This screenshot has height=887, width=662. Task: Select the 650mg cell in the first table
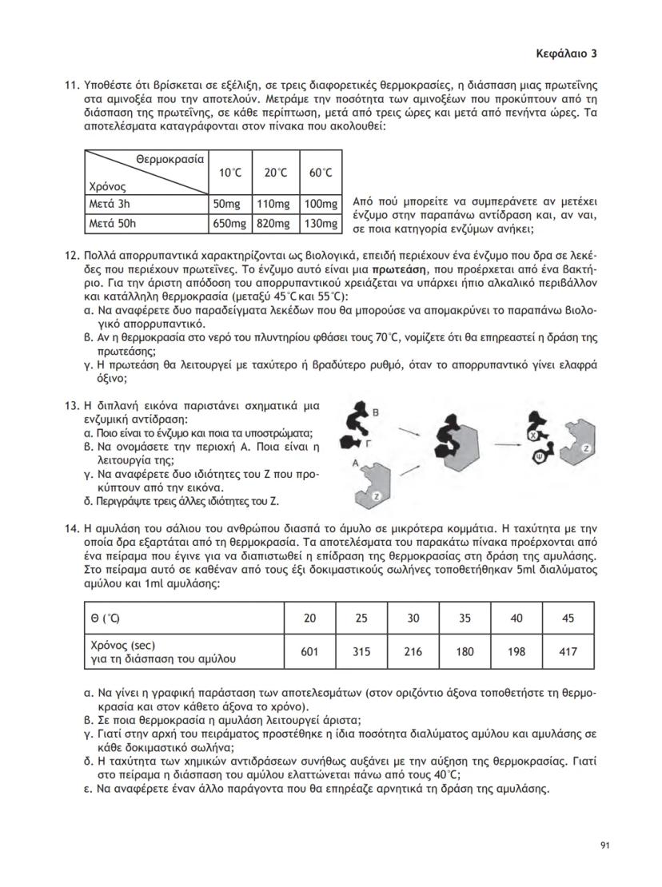pos(229,224)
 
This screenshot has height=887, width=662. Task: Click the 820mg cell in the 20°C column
pos(274,224)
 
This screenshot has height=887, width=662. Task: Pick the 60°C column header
pos(320,173)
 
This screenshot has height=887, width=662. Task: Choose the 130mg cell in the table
pos(320,224)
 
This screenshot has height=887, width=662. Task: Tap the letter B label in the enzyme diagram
pos(377,411)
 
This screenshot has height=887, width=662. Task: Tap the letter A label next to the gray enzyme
pos(353,463)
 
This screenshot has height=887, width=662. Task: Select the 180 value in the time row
pos(465,651)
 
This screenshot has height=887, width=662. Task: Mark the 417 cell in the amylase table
pos(568,651)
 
